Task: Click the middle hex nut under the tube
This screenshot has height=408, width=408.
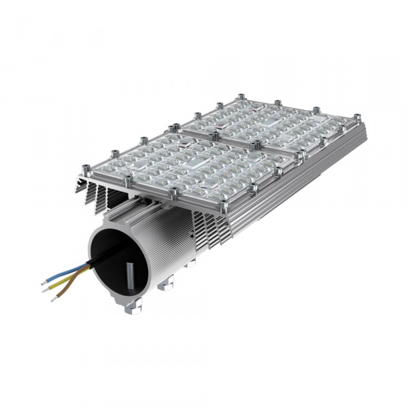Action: point(165,284)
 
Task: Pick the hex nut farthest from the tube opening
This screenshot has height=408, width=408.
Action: point(191,265)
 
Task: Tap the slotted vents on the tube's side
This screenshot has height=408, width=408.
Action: point(204,231)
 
